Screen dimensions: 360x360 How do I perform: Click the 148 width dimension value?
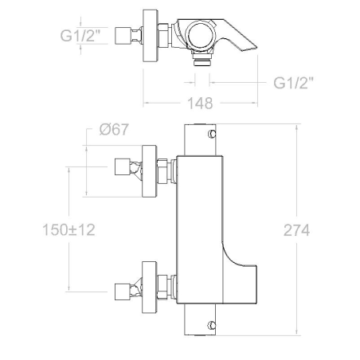[200, 104]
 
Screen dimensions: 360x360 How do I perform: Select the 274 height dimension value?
[296, 230]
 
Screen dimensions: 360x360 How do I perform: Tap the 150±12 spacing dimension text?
[68, 230]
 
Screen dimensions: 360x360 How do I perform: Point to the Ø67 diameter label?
[114, 130]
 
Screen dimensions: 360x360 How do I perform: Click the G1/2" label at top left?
[80, 36]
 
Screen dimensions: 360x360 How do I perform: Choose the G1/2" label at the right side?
[294, 83]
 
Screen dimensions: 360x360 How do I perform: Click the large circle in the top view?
[201, 36]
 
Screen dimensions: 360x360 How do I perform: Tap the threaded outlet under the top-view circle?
[202, 59]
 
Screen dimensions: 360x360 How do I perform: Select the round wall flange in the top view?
[151, 36]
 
